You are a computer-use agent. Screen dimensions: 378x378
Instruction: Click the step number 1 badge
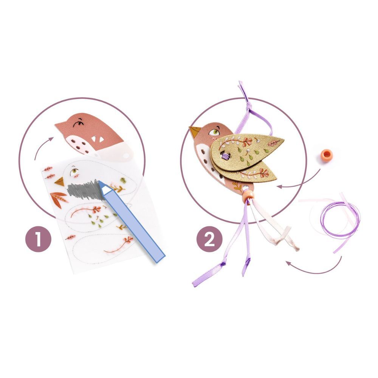(x=38, y=239)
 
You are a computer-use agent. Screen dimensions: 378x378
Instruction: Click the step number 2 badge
(x=209, y=239)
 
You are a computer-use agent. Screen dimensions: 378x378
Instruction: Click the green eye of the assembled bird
(x=214, y=132)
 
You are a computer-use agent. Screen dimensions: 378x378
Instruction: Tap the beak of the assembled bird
(x=195, y=132)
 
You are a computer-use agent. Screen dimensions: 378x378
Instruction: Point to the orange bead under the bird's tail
(x=248, y=195)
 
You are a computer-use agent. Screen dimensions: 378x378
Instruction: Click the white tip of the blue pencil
(x=104, y=187)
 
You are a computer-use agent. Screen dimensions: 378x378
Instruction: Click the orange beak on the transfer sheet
(x=60, y=181)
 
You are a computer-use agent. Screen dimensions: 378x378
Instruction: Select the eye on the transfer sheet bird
(x=74, y=171)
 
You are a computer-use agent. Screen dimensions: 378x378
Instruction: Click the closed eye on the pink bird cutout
(x=77, y=124)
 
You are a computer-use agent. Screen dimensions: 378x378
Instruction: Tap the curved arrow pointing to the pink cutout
(x=40, y=145)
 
